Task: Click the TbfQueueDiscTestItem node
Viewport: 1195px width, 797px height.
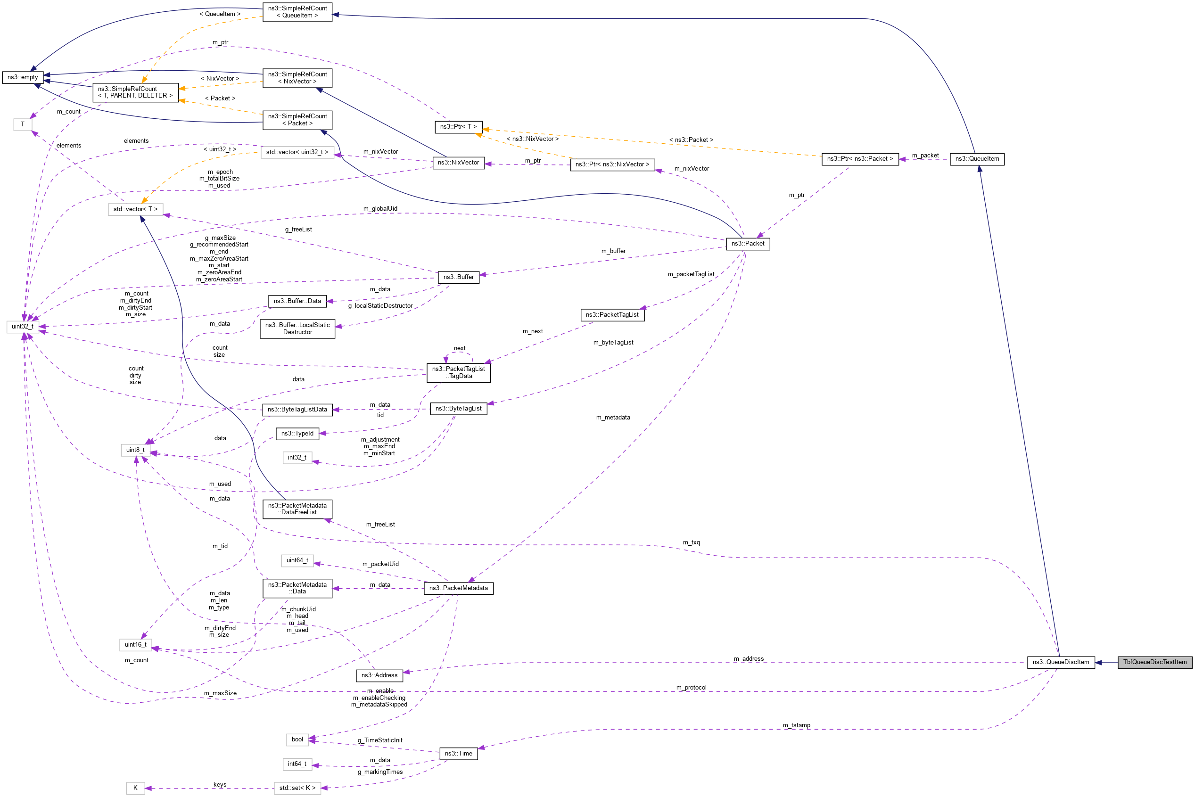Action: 1154,662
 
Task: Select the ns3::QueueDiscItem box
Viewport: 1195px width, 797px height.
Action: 1060,662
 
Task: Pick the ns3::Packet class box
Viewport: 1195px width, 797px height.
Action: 747,244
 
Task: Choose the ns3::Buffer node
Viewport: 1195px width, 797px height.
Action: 458,277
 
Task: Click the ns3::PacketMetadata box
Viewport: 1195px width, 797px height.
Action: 458,588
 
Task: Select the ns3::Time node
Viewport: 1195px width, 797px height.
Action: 458,753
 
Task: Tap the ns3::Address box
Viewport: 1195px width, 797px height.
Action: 379,675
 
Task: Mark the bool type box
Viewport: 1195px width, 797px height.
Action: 297,739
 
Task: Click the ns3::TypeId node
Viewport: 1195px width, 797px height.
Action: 297,434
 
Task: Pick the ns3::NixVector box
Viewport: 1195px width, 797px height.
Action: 458,163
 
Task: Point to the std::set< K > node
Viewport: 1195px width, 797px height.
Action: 297,789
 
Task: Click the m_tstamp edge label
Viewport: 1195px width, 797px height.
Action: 796,725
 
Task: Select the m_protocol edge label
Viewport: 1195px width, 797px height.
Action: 691,688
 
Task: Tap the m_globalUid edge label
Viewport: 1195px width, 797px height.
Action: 380,209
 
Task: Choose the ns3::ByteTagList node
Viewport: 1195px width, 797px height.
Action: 458,409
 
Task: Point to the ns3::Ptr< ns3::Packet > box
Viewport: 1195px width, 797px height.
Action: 859,159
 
